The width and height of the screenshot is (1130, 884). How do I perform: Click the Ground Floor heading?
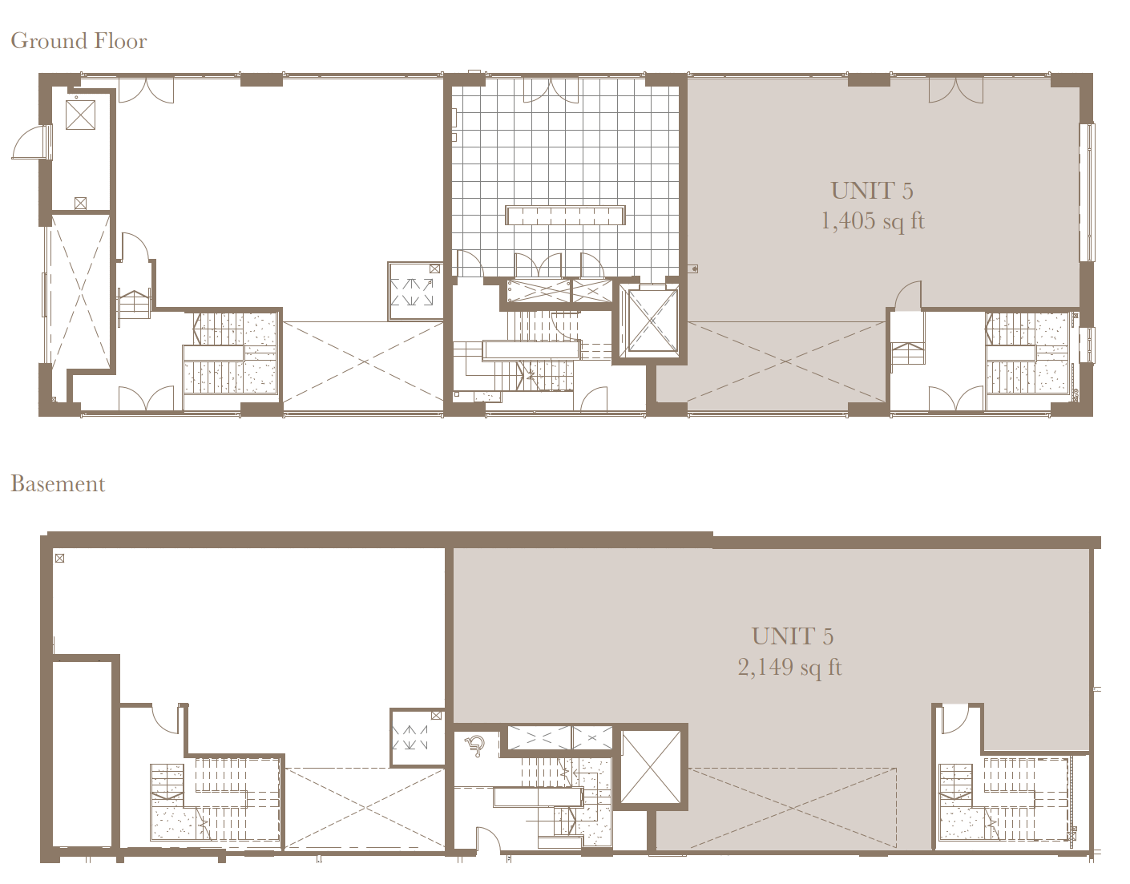click(79, 41)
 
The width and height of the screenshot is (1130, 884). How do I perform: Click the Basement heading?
click(58, 484)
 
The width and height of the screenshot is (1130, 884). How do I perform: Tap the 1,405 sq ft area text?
click(872, 221)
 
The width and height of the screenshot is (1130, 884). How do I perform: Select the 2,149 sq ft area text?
click(789, 667)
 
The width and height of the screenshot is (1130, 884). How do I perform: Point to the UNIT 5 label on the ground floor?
click(872, 191)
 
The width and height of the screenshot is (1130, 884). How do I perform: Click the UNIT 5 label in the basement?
click(793, 636)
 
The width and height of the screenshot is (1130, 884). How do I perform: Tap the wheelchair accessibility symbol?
click(475, 747)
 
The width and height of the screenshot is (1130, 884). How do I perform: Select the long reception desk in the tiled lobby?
click(565, 216)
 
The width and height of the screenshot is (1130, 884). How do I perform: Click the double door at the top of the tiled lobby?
click(551, 90)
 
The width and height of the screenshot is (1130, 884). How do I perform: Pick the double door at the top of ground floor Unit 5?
click(956, 90)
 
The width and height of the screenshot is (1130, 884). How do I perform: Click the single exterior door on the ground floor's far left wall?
click(30, 143)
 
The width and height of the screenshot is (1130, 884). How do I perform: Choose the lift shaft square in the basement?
click(652, 767)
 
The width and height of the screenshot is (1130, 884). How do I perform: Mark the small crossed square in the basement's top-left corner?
click(59, 558)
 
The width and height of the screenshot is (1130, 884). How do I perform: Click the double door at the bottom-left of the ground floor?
click(146, 398)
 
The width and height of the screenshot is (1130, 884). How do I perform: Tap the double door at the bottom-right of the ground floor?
click(956, 398)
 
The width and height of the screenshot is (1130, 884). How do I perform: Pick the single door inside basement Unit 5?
click(954, 718)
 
